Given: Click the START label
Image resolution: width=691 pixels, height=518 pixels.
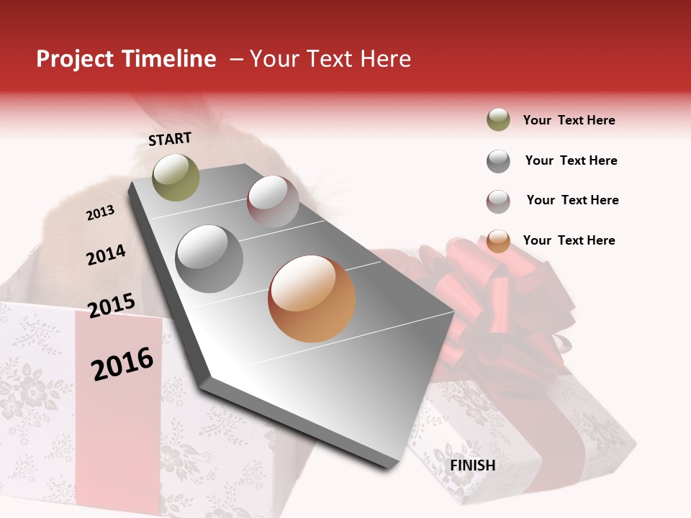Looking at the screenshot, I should click(170, 139).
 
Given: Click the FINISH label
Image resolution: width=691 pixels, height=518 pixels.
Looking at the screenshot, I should click(472, 465).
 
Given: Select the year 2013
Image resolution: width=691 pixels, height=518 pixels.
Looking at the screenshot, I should click(100, 213).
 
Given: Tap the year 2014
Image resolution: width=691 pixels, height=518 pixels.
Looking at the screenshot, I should click(106, 255).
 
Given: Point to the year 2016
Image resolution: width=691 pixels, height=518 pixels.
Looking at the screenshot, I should click(122, 364).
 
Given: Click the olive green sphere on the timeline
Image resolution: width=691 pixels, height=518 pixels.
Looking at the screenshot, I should click(176, 177).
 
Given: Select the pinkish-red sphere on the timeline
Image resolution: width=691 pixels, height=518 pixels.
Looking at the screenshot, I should click(273, 201).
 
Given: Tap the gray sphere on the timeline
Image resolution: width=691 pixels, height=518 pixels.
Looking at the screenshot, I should click(209, 258).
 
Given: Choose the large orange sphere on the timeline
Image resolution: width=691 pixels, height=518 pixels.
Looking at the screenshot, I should click(312, 299).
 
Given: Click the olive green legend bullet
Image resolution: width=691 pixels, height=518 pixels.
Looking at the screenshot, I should click(498, 120).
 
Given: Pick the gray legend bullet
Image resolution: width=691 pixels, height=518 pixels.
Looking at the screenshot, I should click(498, 161).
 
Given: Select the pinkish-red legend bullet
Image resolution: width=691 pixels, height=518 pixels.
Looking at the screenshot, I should click(498, 201).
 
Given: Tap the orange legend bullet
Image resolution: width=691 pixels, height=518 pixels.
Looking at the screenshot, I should click(498, 241).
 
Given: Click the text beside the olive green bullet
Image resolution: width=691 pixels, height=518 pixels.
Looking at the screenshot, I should click(569, 120).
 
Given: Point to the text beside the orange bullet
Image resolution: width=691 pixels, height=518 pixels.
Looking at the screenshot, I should click(569, 240).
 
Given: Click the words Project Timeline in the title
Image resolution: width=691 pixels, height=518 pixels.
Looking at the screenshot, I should click(126, 59).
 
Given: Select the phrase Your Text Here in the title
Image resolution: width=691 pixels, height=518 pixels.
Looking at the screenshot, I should click(330, 59).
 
